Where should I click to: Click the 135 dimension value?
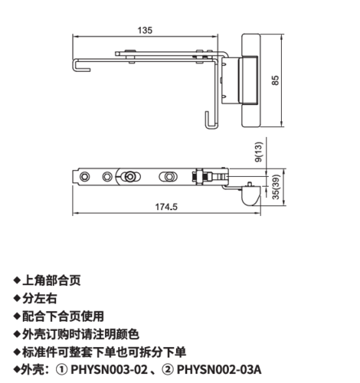click(x=145, y=31)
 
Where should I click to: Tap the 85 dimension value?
click(x=275, y=80)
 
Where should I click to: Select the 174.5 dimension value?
click(x=166, y=207)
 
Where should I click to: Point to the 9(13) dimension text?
click(x=259, y=152)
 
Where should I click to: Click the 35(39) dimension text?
click(x=276, y=187)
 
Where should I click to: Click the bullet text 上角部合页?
click(x=51, y=280)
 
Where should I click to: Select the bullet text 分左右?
click(x=40, y=298)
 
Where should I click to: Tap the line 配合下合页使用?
click(x=63, y=316)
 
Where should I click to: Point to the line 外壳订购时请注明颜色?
click(x=80, y=334)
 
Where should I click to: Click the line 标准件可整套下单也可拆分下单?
click(x=104, y=352)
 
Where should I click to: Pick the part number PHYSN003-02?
click(x=110, y=370)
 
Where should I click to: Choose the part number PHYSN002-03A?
click(x=219, y=370)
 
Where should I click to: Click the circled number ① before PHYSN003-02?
click(x=61, y=370)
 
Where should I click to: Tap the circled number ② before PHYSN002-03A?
click(x=168, y=370)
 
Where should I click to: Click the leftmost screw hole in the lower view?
click(x=84, y=176)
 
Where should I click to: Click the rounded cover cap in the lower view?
click(x=250, y=196)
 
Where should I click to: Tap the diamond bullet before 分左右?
click(x=17, y=298)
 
